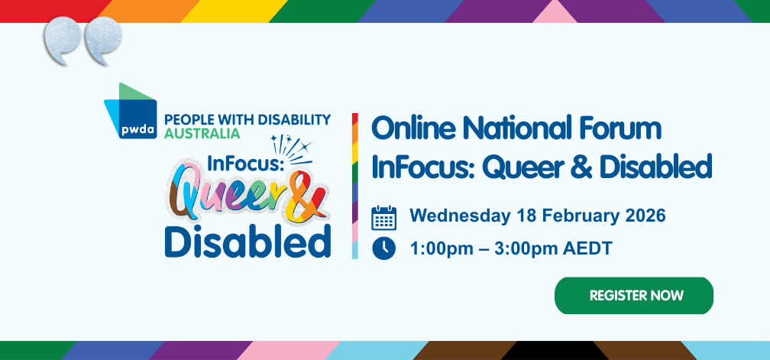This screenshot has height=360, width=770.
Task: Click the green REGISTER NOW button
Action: click(633, 296)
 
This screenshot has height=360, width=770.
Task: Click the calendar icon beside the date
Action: click(383, 218)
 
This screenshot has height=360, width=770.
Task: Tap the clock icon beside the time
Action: click(383, 248)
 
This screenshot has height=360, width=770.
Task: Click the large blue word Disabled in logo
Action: click(247, 242)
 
